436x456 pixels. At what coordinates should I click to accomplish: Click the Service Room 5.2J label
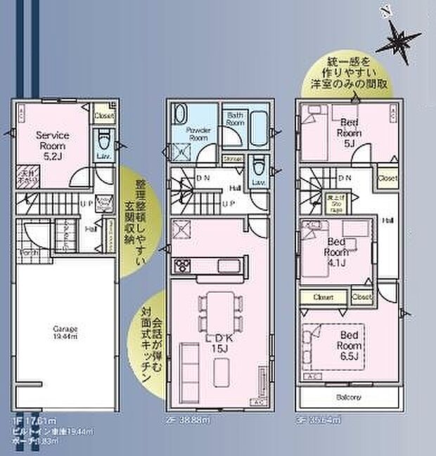pos(53,141)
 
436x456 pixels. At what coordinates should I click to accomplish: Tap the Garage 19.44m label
pos(64,332)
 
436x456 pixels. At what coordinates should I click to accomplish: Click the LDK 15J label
pos(217,346)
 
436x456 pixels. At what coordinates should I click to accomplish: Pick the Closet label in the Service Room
pos(104,115)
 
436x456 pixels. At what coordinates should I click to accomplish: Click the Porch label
pos(30,253)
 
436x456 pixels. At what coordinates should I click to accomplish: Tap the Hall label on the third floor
pos(387,220)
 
